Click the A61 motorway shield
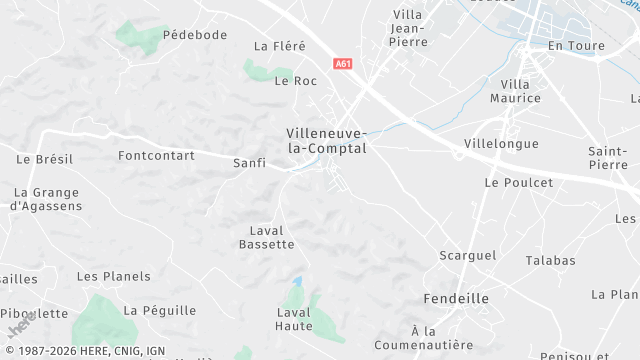(343, 63)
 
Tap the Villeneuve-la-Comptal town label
(327, 141)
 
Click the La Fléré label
(279, 46)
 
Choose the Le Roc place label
(295, 81)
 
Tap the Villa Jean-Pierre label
(409, 28)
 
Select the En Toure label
(571, 46)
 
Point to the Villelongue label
(501, 144)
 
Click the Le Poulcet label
(518, 183)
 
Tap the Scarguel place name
(467, 256)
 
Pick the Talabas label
(551, 261)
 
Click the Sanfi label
(249, 163)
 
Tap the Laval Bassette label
(272, 237)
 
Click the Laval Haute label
(294, 319)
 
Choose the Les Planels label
(114, 277)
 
